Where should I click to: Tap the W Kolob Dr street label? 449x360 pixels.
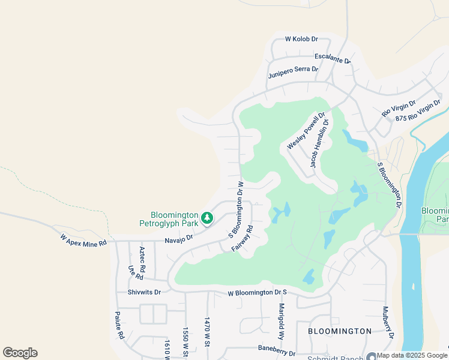point(301,39)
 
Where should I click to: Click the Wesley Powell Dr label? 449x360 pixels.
point(306,131)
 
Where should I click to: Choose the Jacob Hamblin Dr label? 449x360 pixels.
point(319,143)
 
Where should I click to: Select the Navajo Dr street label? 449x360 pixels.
point(179,238)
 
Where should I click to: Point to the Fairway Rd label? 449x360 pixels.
point(242,238)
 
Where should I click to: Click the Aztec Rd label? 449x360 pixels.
point(143,259)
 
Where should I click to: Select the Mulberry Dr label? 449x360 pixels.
point(388,323)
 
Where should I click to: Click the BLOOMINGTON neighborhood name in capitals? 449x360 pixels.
point(340,331)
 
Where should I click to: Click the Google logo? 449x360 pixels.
point(20,353)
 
